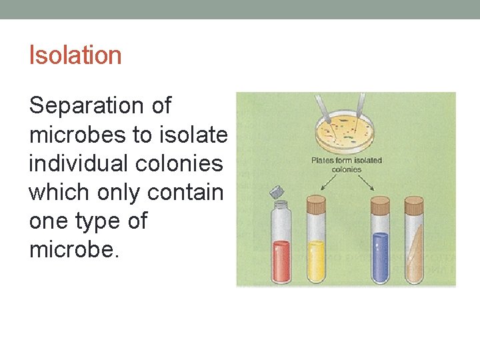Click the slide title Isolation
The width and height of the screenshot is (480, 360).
coord(75,55)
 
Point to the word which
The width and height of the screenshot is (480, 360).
coord(61,192)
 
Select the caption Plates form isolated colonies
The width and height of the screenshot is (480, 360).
coord(347,165)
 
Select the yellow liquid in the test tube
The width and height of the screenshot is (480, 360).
coord(315,261)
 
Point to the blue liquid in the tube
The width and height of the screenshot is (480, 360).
coord(380,257)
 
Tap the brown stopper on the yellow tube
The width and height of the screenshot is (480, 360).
coord(316,200)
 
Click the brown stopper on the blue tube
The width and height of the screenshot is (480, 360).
coord(380,201)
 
